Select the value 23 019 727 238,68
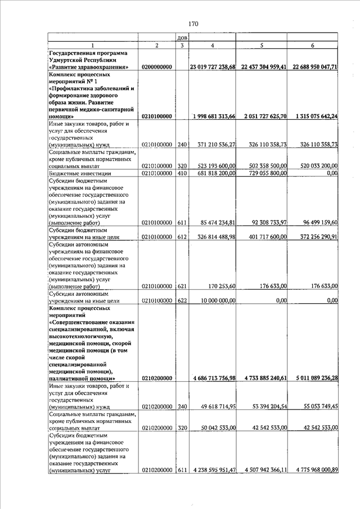pyautogui.click(x=213, y=67)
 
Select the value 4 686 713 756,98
pyautogui.click(x=213, y=378)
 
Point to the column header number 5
pyautogui.click(x=262, y=45)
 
